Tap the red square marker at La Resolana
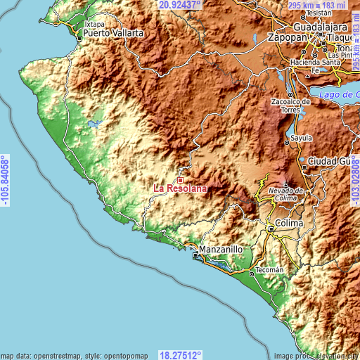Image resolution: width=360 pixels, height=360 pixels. click(x=180, y=180)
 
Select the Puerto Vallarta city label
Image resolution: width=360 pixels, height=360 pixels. click(x=113, y=33)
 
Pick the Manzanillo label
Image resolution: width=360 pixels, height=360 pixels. click(x=221, y=249)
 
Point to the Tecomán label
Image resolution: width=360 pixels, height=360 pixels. click(x=270, y=269)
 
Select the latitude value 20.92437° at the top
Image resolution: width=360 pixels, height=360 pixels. click(x=180, y=4)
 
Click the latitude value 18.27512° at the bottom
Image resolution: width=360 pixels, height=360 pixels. click(x=180, y=354)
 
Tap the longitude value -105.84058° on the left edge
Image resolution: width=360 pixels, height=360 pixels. click(x=6, y=180)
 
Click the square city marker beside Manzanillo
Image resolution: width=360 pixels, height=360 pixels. click(x=196, y=256)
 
